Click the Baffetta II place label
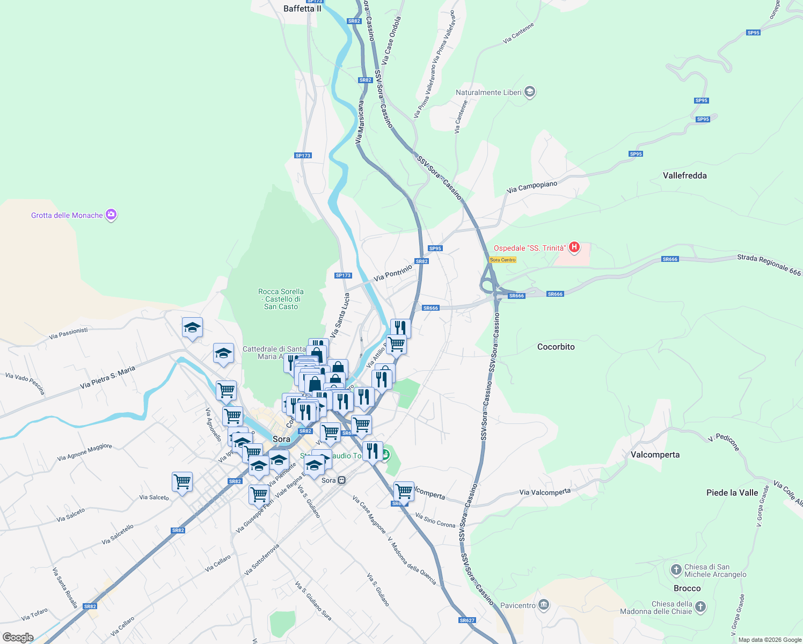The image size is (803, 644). pyautogui.click(x=302, y=9)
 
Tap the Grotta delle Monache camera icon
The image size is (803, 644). pyautogui.click(x=111, y=215)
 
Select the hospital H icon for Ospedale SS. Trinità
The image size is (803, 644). pyautogui.click(x=574, y=247)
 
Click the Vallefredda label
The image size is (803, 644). pyautogui.click(x=684, y=175)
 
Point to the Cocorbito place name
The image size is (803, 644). pyautogui.click(x=556, y=347)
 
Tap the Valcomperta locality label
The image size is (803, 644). pyautogui.click(x=655, y=455)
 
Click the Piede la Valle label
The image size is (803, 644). pyautogui.click(x=732, y=493)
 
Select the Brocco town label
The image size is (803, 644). pyautogui.click(x=687, y=588)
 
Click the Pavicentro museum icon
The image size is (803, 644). pyautogui.click(x=544, y=605)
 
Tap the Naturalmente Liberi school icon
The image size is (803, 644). pyautogui.click(x=530, y=92)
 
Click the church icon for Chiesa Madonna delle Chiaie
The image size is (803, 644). pyautogui.click(x=700, y=607)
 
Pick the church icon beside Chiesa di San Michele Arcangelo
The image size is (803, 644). pyautogui.click(x=676, y=568)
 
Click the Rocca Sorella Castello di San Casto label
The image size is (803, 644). pyautogui.click(x=281, y=299)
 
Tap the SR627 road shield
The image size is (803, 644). pyautogui.click(x=467, y=620)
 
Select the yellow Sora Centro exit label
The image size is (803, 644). pyautogui.click(x=502, y=260)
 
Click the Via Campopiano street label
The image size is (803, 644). pyautogui.click(x=532, y=187)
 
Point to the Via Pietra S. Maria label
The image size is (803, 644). pyautogui.click(x=107, y=378)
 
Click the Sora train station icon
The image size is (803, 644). pyautogui.click(x=342, y=480)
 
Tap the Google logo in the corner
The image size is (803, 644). pyautogui.click(x=18, y=638)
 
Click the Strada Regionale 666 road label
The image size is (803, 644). pyautogui.click(x=769, y=265)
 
